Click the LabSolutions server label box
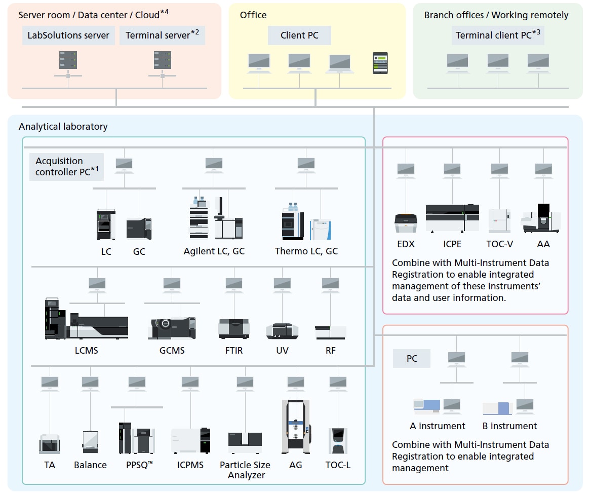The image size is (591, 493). [x=68, y=35]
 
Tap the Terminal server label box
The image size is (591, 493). [x=162, y=35]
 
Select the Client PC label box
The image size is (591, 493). [x=300, y=35]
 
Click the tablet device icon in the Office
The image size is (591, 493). [x=380, y=63]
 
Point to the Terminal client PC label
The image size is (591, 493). [x=497, y=35]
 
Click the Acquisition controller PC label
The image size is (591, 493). [x=66, y=167]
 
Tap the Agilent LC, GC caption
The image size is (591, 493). [x=214, y=251]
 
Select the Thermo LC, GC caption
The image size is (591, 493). [x=306, y=251]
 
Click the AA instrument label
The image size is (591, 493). [x=543, y=244]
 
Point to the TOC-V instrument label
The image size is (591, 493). [x=499, y=244]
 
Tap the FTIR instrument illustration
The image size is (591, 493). [x=233, y=329]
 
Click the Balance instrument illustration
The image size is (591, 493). [x=90, y=441]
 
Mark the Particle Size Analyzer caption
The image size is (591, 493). [x=245, y=470]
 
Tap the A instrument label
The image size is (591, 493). [x=438, y=426]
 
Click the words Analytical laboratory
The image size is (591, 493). [x=63, y=127]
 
